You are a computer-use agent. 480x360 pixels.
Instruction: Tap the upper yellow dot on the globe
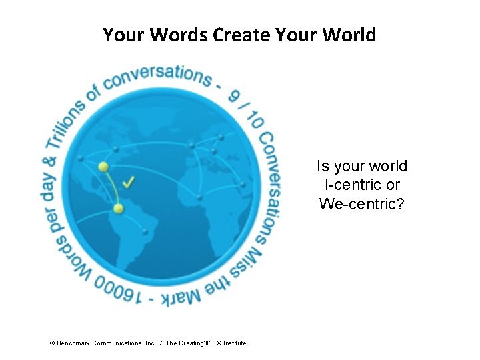pyautogui.click(x=103, y=166)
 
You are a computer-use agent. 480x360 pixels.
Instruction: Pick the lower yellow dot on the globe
pyautogui.click(x=118, y=209)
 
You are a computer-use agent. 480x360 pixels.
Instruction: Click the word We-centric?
pyautogui.click(x=362, y=203)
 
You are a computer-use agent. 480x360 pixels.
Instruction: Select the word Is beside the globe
pyautogui.click(x=323, y=166)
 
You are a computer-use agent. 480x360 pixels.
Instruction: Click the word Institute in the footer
pyautogui.click(x=235, y=343)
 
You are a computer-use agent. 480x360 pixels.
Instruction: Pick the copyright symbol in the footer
pyautogui.click(x=52, y=343)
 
